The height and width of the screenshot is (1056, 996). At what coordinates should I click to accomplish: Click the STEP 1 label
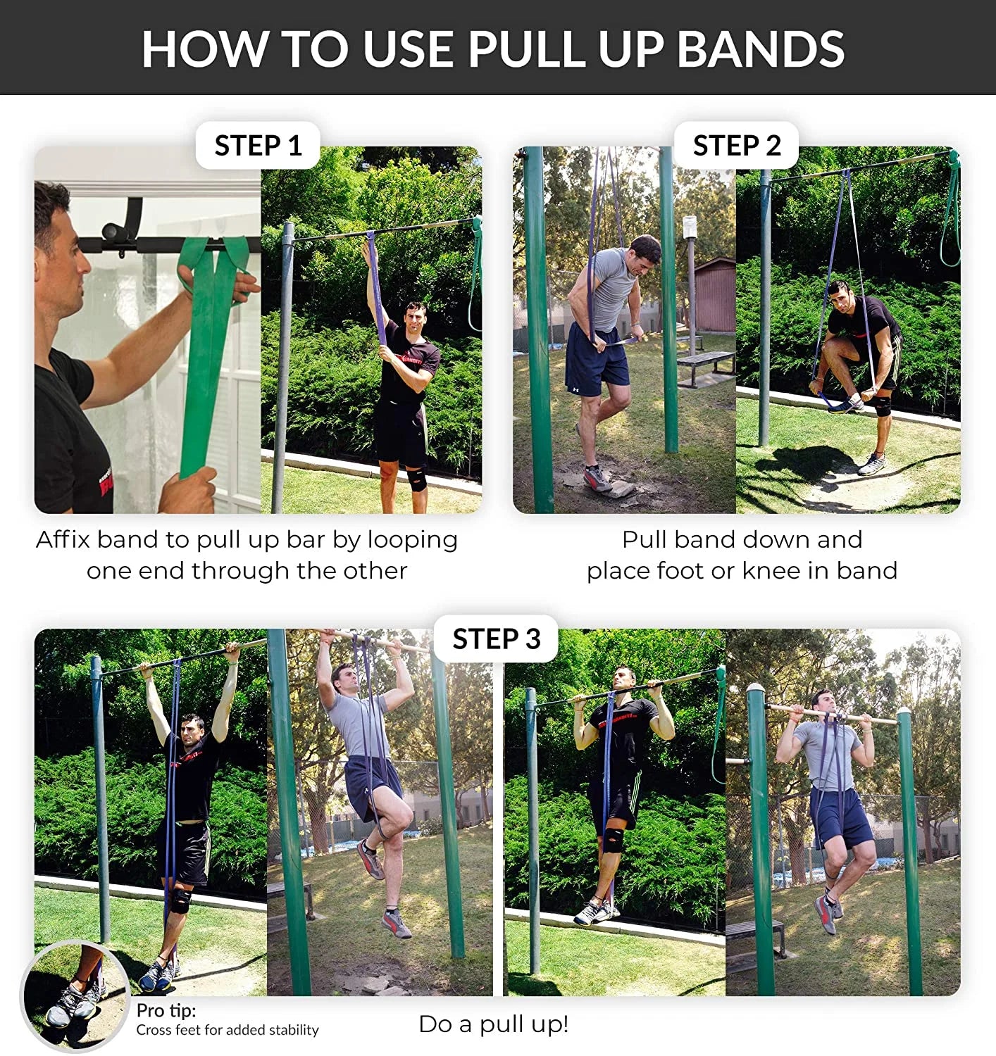258,146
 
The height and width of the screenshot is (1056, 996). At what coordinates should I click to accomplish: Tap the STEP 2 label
737,146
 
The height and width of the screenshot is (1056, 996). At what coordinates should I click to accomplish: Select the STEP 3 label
496,639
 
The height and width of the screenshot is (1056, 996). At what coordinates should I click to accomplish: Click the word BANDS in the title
761,49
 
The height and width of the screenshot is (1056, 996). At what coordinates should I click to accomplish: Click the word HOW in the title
204,49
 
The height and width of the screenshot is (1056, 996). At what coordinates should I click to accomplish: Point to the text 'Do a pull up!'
493,1024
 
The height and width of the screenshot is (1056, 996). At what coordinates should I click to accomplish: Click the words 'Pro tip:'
166,1010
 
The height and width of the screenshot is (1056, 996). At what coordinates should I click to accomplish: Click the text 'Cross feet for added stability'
228,1030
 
